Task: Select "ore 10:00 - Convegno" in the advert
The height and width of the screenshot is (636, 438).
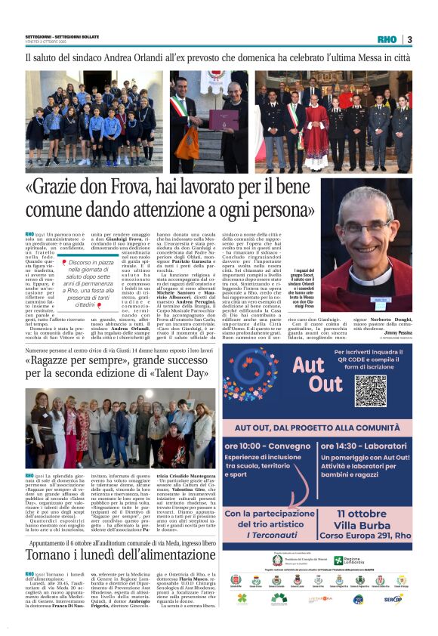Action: point(267,446)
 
